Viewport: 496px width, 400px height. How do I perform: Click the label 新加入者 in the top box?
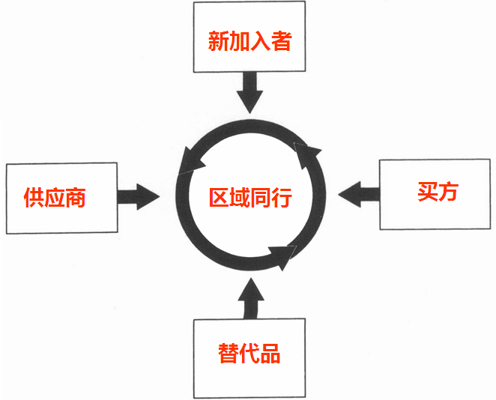click(x=249, y=40)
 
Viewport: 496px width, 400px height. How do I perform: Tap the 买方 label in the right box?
click(x=438, y=192)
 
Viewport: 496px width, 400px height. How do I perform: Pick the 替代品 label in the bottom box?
click(x=249, y=353)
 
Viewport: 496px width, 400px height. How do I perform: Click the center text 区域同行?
click(x=250, y=199)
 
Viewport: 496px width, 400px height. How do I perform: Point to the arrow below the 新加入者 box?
click(x=249, y=91)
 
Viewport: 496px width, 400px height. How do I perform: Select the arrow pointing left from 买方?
click(x=358, y=195)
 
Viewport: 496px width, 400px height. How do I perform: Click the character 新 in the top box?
click(x=219, y=40)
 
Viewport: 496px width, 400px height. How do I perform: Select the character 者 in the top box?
click(x=281, y=40)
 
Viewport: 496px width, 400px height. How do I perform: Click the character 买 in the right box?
click(x=427, y=192)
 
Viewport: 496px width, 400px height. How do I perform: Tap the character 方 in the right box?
click(x=448, y=192)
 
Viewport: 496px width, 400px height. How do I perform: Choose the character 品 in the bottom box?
click(x=270, y=353)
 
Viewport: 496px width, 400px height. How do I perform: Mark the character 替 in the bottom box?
click(x=229, y=353)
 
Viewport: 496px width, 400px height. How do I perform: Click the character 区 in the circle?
click(x=220, y=199)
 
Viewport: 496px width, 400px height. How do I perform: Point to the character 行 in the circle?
click(x=281, y=199)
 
